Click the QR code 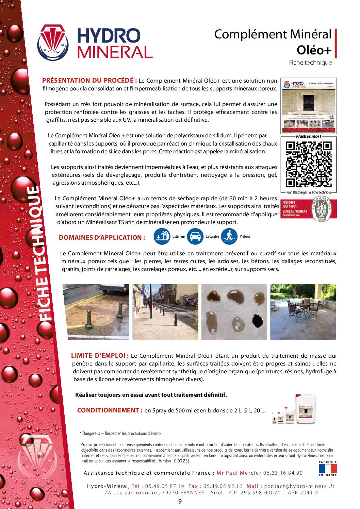309,164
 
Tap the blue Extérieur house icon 162,236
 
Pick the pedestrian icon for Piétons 229,236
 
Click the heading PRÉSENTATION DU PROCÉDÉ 89,81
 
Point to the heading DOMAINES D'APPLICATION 100,238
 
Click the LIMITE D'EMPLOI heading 100,356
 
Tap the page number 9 180,501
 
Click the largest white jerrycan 305,409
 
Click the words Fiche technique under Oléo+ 310,63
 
